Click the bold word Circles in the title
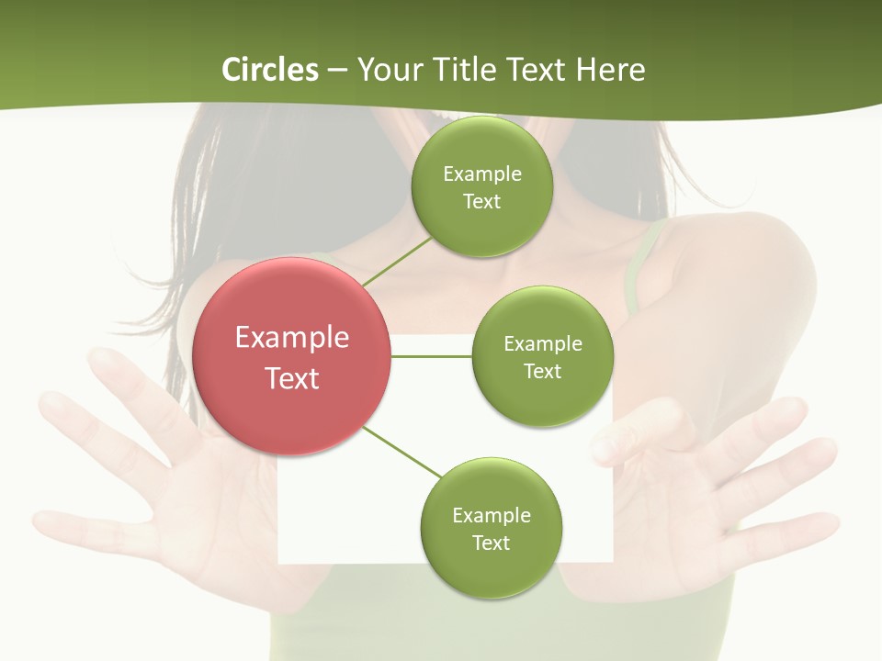click(x=269, y=70)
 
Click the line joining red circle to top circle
click(x=398, y=260)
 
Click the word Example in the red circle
click(x=292, y=337)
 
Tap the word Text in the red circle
click(x=292, y=378)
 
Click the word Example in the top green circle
click(x=482, y=174)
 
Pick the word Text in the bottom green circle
click(x=491, y=543)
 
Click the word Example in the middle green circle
click(x=543, y=343)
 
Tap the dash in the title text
click(x=337, y=71)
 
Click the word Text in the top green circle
click(x=481, y=201)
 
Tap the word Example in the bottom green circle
click(x=492, y=515)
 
